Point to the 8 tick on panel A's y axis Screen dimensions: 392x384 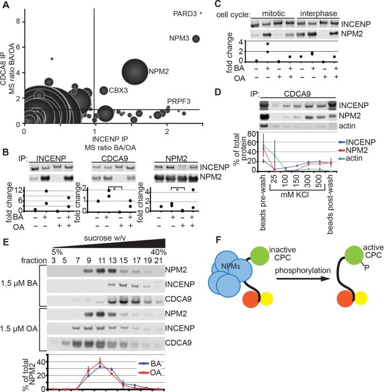pyautogui.click(x=18, y=21)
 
